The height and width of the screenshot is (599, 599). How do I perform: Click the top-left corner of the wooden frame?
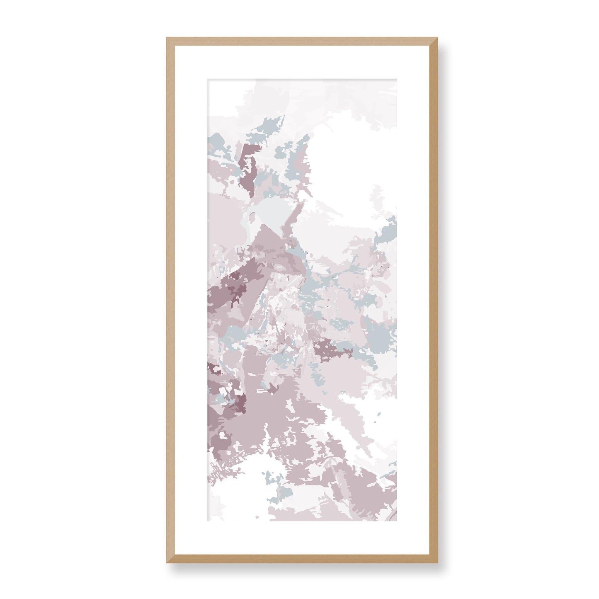click(x=167, y=39)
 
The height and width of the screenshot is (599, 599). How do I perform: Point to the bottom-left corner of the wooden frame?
click(x=167, y=563)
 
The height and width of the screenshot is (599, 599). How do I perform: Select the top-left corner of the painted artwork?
click(x=208, y=79)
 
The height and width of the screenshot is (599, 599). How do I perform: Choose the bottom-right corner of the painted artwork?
click(x=396, y=521)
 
